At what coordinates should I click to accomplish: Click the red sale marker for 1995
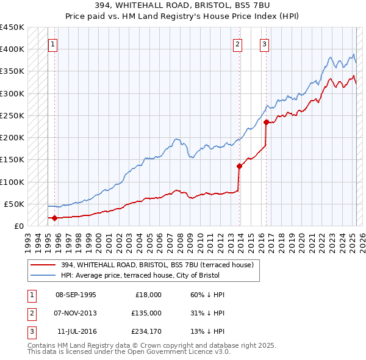coord(55,218)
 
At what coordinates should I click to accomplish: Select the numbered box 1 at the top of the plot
coord(54,44)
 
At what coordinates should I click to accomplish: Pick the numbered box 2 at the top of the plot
coord(237,44)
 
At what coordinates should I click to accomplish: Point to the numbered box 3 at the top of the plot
coord(264,44)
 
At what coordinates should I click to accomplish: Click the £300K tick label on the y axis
coord(12,93)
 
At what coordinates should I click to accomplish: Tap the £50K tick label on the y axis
coord(15,204)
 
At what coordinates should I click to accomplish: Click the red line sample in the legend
coord(43,264)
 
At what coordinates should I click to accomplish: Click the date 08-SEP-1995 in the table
coord(76,295)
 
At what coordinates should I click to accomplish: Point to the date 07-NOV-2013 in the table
coord(76,313)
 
